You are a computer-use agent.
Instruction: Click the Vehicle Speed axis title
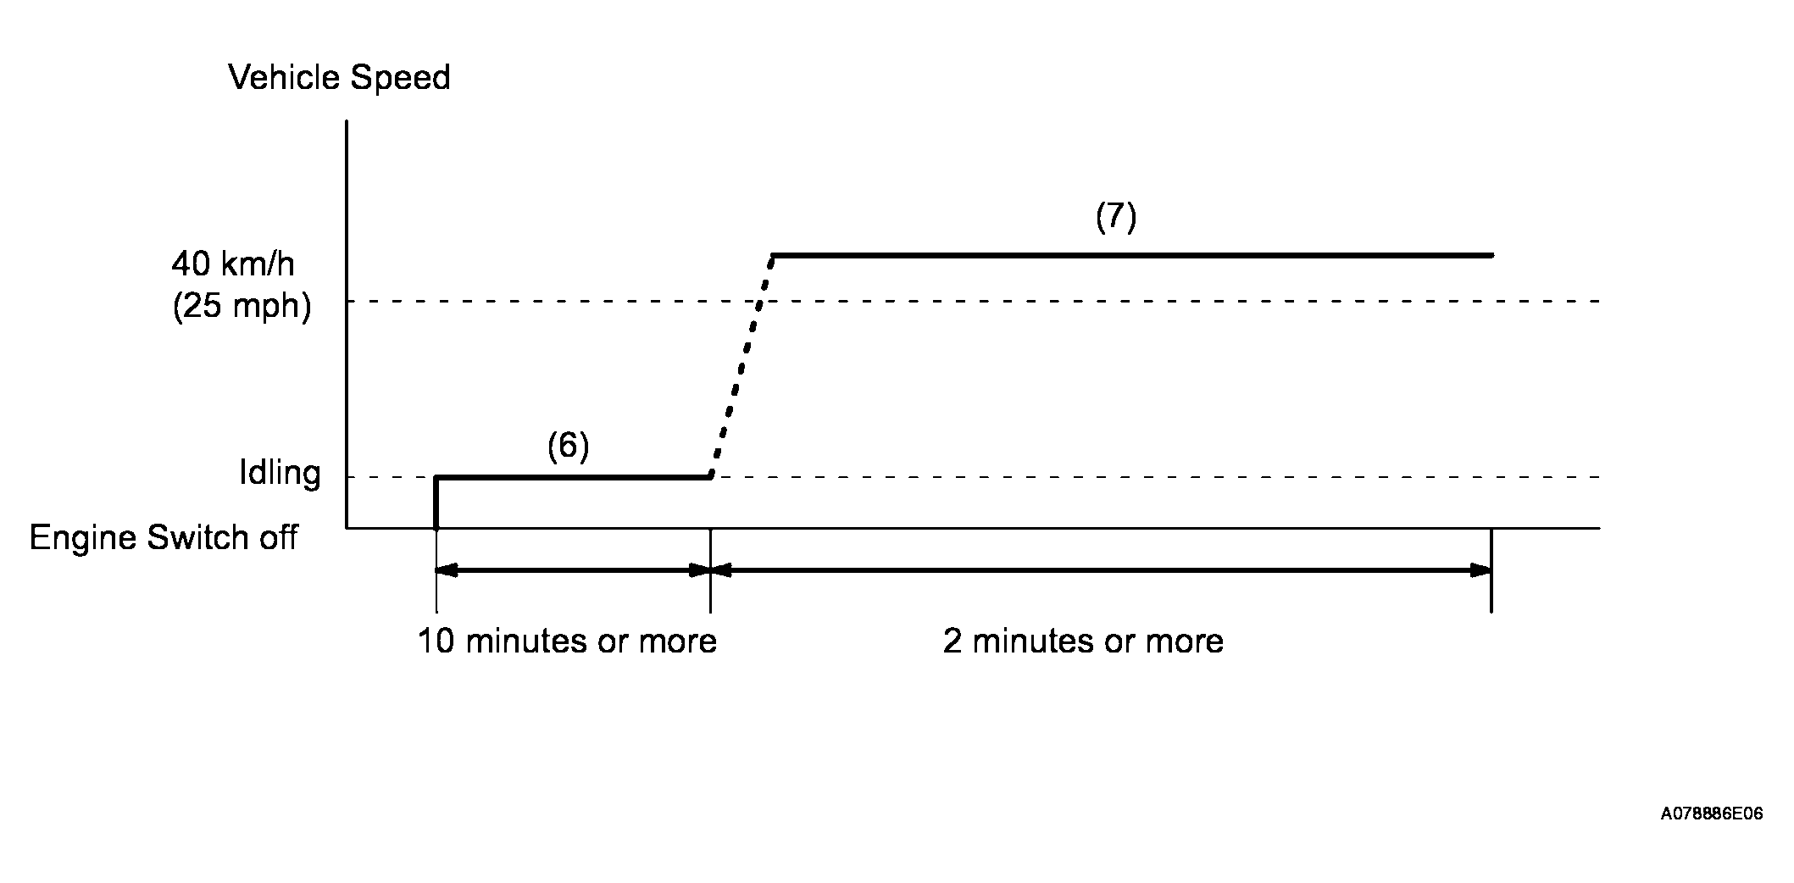point(339,77)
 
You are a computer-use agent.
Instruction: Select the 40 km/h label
point(233,264)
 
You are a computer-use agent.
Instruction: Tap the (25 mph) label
point(242,306)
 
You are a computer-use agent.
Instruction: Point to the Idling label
point(280,473)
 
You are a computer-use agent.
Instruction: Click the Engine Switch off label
point(164,538)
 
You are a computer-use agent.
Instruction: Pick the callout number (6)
point(567,446)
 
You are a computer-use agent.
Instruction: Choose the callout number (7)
point(1115,218)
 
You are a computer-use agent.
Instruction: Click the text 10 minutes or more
point(567,641)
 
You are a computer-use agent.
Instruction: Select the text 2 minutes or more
point(1083,641)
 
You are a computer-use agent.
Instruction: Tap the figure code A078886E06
point(1711,814)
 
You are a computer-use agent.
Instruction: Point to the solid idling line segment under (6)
point(572,477)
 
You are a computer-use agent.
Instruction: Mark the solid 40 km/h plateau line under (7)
point(1131,254)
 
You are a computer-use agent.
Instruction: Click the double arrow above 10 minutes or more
point(573,570)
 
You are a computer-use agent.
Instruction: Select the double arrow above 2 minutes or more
point(1100,570)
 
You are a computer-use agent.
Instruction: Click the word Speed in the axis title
point(400,77)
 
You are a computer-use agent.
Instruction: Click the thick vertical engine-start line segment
point(436,503)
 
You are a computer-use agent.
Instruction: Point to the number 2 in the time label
point(953,641)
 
